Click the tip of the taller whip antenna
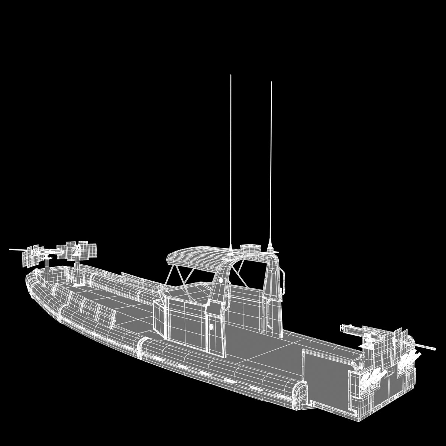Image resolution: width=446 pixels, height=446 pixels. point(231,75)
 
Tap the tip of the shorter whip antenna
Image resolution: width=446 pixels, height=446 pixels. point(271,83)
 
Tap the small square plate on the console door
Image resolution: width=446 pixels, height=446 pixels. point(211,327)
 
